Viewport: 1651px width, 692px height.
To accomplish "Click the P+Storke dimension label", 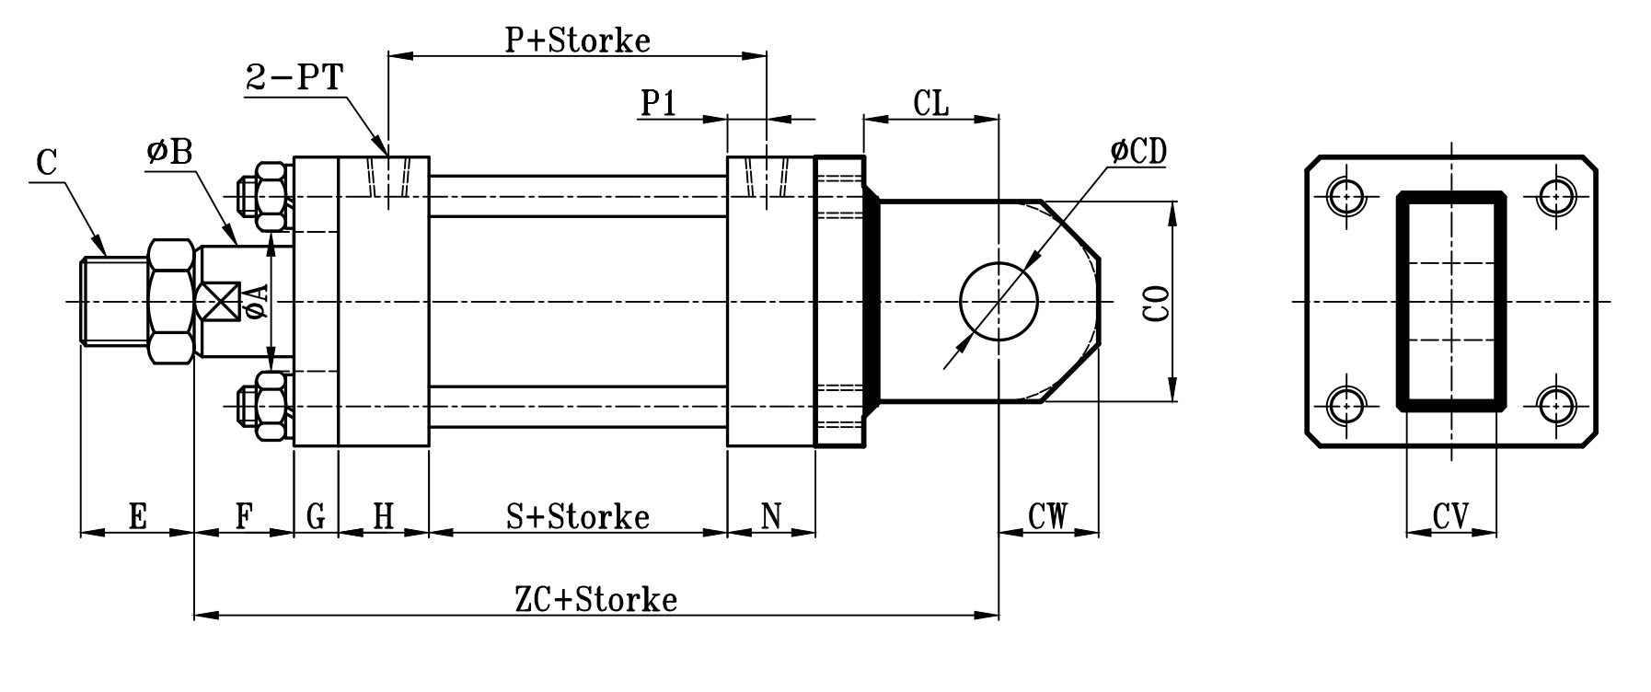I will coord(577,40).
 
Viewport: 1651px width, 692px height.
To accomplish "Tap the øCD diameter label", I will coord(1138,152).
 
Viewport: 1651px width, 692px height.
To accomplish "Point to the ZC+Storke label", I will coord(595,600).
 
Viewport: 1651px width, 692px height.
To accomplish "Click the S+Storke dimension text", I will coord(578,516).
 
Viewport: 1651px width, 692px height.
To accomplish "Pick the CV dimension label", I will coord(1450,516).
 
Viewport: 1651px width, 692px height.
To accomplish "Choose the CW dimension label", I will coord(1047,516).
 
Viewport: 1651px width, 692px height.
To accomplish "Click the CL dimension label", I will coord(931,103).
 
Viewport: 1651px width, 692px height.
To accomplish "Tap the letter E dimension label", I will coord(137,516).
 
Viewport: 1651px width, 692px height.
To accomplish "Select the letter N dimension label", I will coord(771,516).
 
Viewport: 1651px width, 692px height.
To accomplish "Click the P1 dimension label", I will coord(659,104).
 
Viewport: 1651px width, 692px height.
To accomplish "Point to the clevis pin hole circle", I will coord(999,301).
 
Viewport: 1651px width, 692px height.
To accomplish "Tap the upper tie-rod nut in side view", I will coord(270,196).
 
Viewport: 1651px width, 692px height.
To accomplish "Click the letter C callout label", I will coord(47,164).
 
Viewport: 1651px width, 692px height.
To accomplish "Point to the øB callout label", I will coord(169,153).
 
